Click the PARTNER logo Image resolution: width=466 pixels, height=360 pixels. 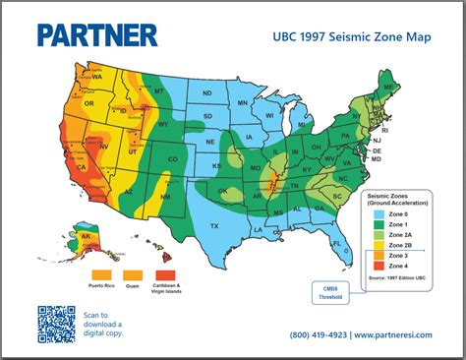pos(96,35)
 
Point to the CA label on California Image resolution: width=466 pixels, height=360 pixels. pos(82,167)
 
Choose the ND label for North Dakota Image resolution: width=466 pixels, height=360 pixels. pos(207,94)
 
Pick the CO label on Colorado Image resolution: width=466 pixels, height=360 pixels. pos(172,157)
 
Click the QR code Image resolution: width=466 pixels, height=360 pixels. pos(56,324)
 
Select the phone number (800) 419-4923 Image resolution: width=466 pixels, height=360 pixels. pos(318,335)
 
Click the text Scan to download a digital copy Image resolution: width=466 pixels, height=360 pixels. pos(102,324)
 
